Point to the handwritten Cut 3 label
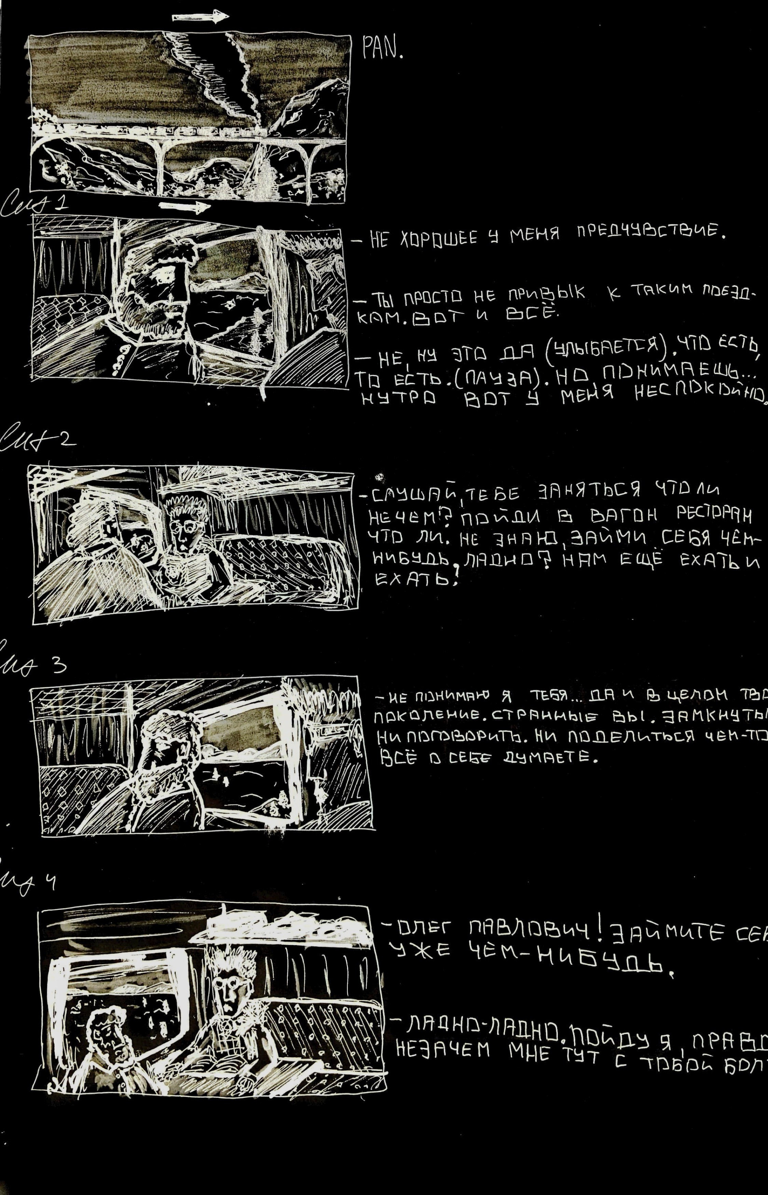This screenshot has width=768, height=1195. click(x=35, y=665)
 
